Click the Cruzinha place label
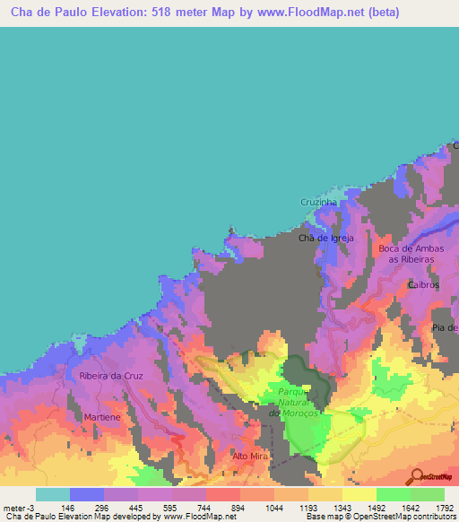coord(318,204)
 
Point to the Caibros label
coord(423,284)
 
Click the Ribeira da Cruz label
coord(111,376)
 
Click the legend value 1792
coord(444,508)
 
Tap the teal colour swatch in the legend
coord(52,494)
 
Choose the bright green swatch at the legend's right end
coord(427,494)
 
